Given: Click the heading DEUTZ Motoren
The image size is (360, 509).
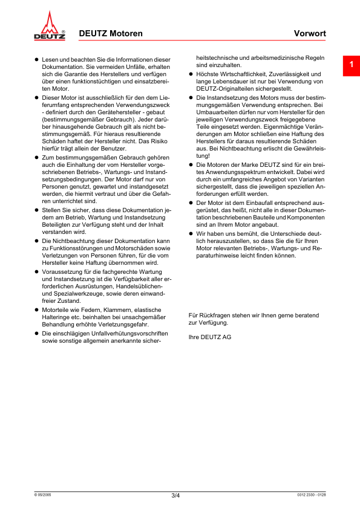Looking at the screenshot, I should pyautogui.click(x=111, y=34).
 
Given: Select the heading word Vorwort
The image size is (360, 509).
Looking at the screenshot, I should pyautogui.click(x=311, y=34).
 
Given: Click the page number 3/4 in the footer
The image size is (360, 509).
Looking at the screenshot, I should pyautogui.click(x=175, y=496).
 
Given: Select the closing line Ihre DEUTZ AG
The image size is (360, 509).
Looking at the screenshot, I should pyautogui.click(x=210, y=337).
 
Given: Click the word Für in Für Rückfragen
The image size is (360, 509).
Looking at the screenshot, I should pyautogui.click(x=194, y=316).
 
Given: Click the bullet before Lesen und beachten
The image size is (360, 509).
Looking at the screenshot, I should pyautogui.click(x=36, y=60).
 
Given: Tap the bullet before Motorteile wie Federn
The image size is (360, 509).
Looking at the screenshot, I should pyautogui.click(x=36, y=310).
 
